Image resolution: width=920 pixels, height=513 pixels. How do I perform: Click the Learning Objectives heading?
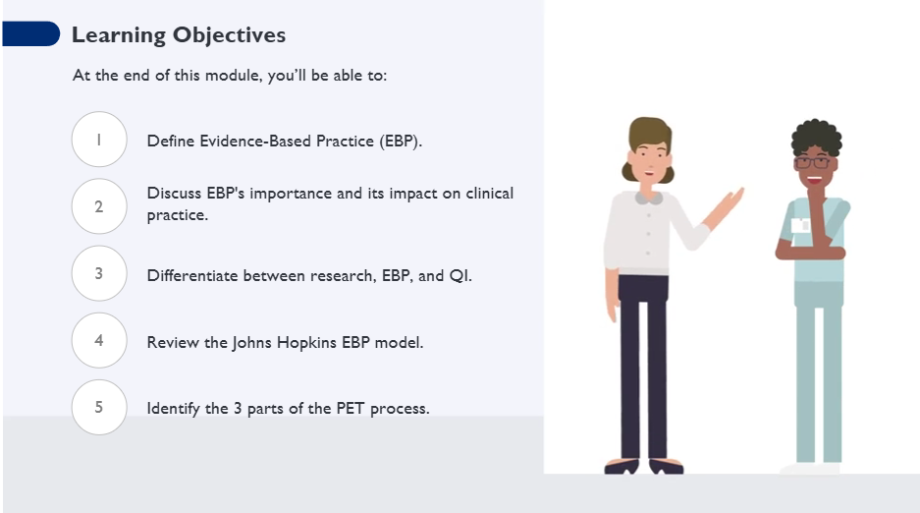point(179,35)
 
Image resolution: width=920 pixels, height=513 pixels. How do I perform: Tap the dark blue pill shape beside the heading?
point(30,33)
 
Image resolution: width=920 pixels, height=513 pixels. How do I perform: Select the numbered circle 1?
point(99,140)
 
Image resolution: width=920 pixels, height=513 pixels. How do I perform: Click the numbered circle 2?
point(99,206)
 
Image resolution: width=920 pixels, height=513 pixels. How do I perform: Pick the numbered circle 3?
point(99,273)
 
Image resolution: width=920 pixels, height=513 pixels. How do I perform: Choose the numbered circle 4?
point(99,340)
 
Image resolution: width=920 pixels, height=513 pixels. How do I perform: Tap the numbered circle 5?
point(99,407)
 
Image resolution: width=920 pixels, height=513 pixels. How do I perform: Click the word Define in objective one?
point(170,141)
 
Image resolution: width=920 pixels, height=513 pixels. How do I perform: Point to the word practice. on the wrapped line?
point(177,215)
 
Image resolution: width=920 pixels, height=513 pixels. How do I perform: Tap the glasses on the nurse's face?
point(813,162)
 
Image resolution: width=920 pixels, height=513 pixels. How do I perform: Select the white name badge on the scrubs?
point(800,225)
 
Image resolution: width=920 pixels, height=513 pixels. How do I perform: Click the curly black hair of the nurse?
point(816,137)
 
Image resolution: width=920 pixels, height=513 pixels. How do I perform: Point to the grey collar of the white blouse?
point(648,198)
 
